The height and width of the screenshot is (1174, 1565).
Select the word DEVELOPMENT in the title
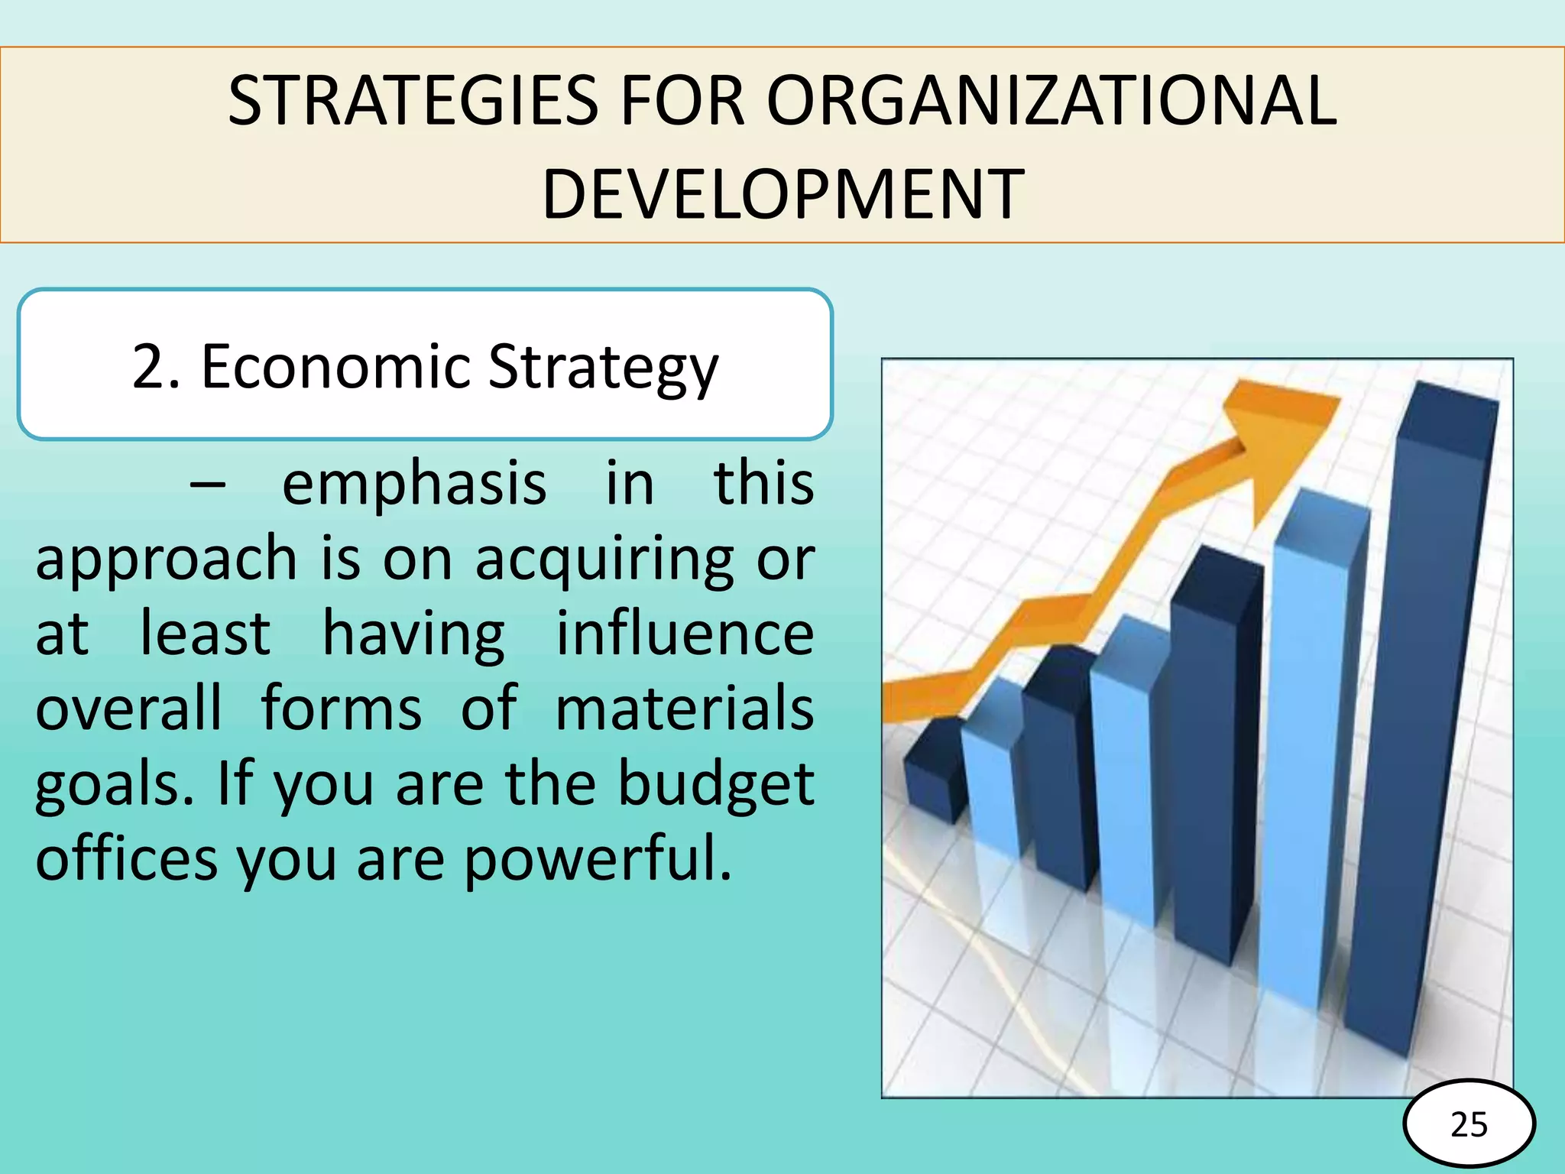coord(782,195)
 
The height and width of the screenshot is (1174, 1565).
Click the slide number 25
coord(1469,1124)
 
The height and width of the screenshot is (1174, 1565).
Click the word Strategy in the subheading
coord(603,368)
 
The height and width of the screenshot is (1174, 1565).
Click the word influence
coord(685,634)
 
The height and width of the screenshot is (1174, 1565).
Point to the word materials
coord(685,709)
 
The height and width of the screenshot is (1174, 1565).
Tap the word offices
coord(127,858)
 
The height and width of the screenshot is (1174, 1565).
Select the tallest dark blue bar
coord(1421,726)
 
